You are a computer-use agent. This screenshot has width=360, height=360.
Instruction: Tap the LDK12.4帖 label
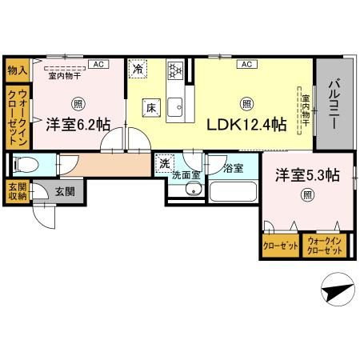pos(247,126)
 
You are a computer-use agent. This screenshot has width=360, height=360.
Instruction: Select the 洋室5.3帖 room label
pos(306,174)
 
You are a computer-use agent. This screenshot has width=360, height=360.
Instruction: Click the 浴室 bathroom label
pos(233,168)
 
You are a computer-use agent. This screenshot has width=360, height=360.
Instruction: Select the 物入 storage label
pos(17,70)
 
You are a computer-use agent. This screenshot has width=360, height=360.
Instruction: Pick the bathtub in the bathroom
pos(232,193)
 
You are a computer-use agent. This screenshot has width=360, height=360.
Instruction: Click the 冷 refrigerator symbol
pos(138,70)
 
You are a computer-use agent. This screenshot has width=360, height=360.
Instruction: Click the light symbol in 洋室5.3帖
pos(306,194)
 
